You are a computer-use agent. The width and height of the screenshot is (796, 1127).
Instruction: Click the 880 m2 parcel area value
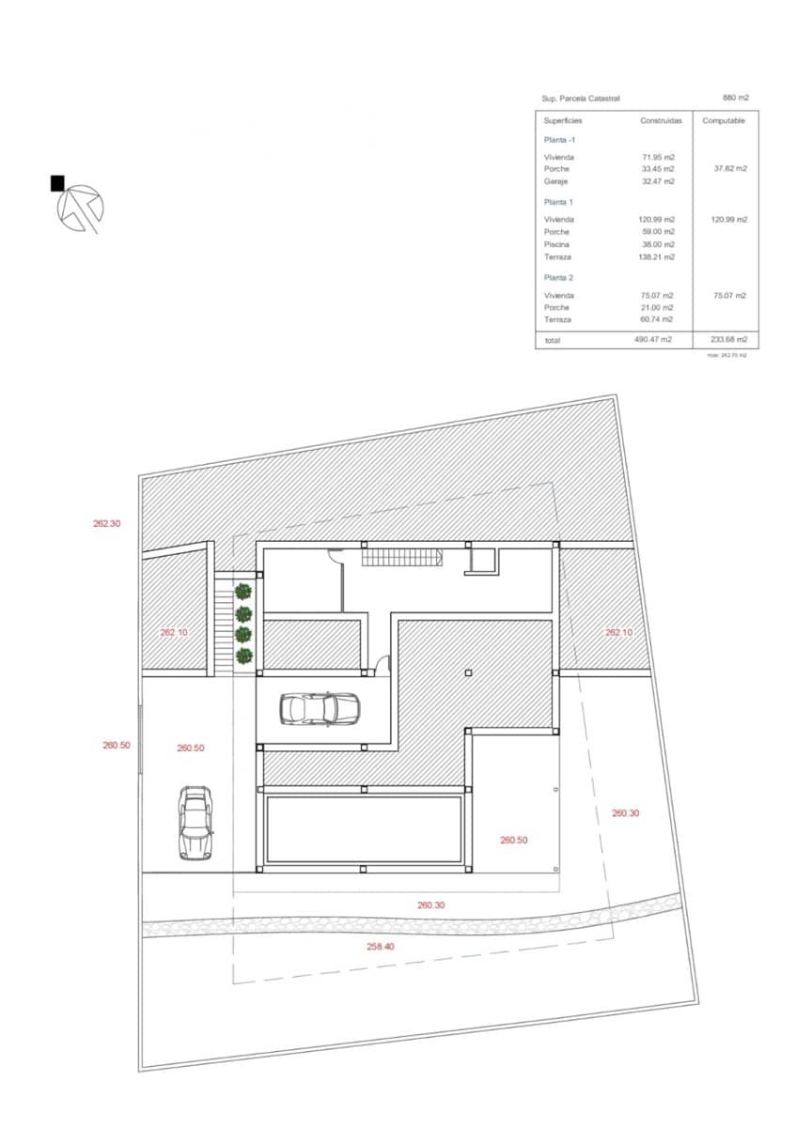click(x=736, y=98)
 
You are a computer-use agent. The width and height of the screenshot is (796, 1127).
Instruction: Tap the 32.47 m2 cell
click(x=658, y=181)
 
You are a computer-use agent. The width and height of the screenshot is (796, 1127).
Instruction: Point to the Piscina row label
click(x=557, y=244)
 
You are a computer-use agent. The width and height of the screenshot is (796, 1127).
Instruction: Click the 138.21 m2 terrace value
click(x=657, y=256)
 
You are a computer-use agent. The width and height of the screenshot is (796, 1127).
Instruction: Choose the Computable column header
click(x=724, y=121)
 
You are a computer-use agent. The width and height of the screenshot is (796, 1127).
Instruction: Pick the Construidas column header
click(x=662, y=121)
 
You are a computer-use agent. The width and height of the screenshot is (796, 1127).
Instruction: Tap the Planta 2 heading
click(x=558, y=278)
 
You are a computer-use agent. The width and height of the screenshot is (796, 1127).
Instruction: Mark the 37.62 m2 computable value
click(x=730, y=169)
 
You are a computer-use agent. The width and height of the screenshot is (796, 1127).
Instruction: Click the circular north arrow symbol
click(x=80, y=207)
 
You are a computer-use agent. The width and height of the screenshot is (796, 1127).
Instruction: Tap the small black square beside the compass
click(x=57, y=183)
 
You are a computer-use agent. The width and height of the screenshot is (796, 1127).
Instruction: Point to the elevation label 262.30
click(x=106, y=524)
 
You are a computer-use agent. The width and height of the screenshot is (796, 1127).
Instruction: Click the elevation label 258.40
click(x=381, y=947)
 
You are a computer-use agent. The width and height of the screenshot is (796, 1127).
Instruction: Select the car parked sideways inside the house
click(x=320, y=708)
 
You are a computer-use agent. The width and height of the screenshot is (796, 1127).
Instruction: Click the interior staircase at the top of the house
click(x=402, y=558)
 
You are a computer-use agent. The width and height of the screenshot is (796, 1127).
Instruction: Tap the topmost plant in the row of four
click(x=244, y=592)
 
